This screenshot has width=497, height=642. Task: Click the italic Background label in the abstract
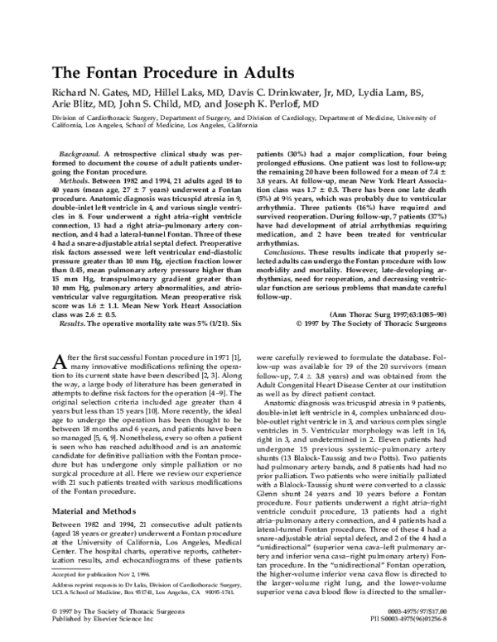[x=84, y=154]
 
